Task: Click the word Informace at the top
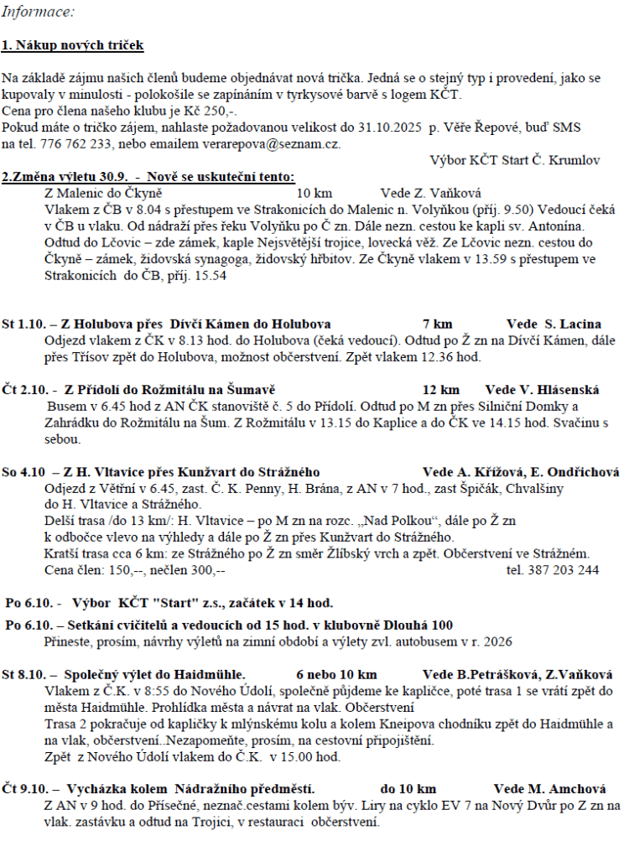click(x=38, y=13)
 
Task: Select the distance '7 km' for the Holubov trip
click(x=438, y=324)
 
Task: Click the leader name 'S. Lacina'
click(x=572, y=324)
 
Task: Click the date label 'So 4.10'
click(x=23, y=472)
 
